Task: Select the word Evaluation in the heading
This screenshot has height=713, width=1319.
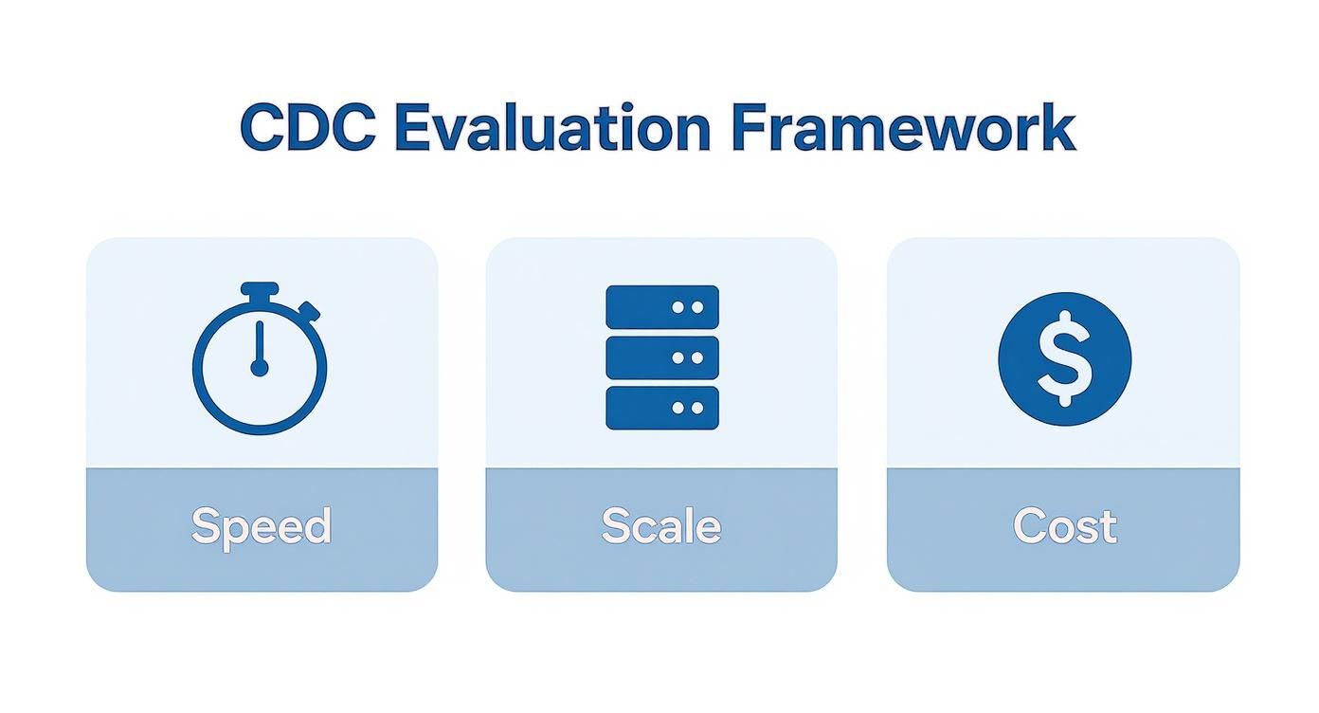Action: [x=551, y=127]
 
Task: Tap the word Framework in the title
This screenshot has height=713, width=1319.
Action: [x=904, y=127]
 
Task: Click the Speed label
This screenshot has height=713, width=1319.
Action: [x=262, y=526]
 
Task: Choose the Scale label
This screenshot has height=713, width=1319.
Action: [x=660, y=526]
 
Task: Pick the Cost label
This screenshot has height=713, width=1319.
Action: [x=1064, y=526]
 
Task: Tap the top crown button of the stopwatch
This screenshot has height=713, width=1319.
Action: [x=260, y=289]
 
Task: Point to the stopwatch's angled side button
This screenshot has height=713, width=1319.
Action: [x=309, y=311]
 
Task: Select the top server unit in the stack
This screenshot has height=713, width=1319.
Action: [x=661, y=307]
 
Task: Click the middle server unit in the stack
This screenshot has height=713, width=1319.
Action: [x=661, y=357]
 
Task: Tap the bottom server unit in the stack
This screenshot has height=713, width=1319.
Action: [x=661, y=408]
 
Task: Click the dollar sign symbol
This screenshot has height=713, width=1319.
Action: [x=1064, y=358]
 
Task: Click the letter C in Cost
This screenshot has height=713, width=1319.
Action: [x=1027, y=525]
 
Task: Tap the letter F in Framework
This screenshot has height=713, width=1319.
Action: [x=748, y=127]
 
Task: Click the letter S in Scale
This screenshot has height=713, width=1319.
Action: [x=615, y=525]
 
